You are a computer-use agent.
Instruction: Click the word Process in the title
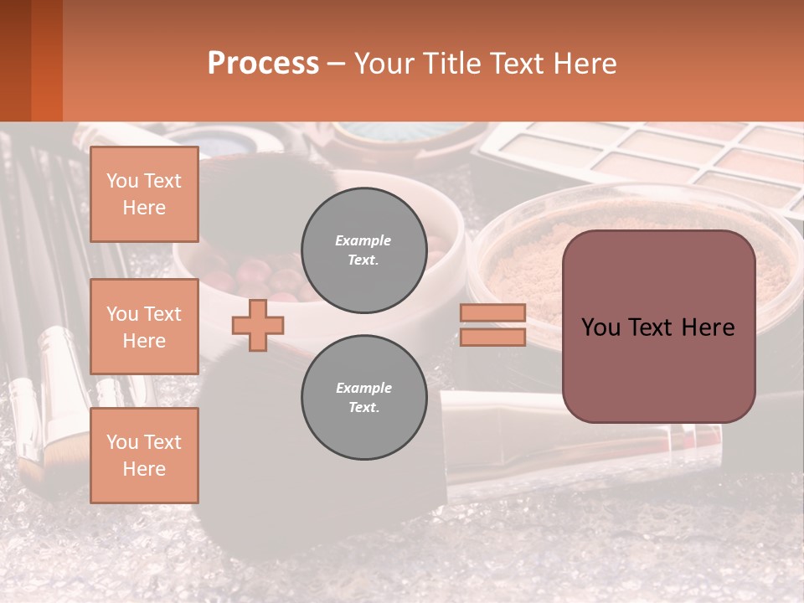(x=263, y=64)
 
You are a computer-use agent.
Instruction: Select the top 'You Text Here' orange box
(x=144, y=194)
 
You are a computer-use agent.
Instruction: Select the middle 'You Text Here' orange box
(x=144, y=327)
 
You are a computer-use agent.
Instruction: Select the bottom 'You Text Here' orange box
(x=144, y=456)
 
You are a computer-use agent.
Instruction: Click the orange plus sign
(x=258, y=325)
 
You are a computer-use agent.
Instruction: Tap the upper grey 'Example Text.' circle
(x=363, y=250)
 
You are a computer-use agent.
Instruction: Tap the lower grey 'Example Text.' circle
(x=363, y=397)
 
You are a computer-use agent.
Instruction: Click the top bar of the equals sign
(x=492, y=313)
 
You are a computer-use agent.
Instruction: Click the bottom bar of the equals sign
(x=492, y=338)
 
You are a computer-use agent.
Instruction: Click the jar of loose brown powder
(x=536, y=251)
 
